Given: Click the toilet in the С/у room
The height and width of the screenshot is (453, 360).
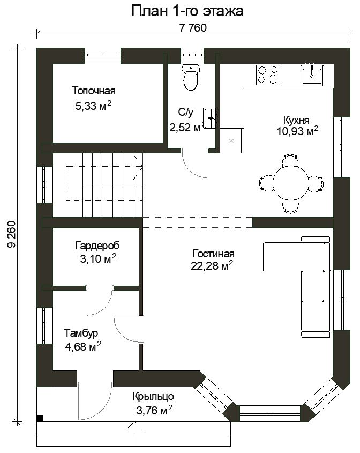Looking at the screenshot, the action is (191, 77).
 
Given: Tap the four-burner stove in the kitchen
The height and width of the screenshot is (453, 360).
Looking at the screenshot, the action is (268, 75).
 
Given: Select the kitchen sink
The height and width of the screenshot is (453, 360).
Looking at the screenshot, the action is (312, 75).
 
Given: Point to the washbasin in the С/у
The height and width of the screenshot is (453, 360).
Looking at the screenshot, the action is (209, 117).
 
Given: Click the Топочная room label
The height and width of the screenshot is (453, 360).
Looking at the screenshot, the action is (94, 91).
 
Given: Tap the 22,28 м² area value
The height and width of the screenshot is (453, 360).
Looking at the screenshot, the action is (212, 266).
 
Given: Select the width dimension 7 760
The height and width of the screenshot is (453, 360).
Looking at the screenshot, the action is (193, 28).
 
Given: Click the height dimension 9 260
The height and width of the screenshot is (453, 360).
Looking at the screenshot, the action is (11, 234).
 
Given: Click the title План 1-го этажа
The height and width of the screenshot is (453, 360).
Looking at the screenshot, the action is (187, 11).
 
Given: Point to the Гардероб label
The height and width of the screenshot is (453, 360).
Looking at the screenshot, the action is (97, 246).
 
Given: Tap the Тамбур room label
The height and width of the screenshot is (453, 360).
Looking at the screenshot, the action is (81, 333).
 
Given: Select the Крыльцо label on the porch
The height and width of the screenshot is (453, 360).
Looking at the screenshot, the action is (153, 396).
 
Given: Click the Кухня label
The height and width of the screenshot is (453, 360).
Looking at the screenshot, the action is (296, 120).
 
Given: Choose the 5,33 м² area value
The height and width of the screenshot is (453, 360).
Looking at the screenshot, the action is (93, 106).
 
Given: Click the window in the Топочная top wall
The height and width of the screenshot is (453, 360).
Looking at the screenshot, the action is (102, 56).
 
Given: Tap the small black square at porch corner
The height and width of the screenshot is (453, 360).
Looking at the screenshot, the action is (40, 418).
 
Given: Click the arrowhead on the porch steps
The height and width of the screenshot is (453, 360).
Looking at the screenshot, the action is (134, 425).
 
